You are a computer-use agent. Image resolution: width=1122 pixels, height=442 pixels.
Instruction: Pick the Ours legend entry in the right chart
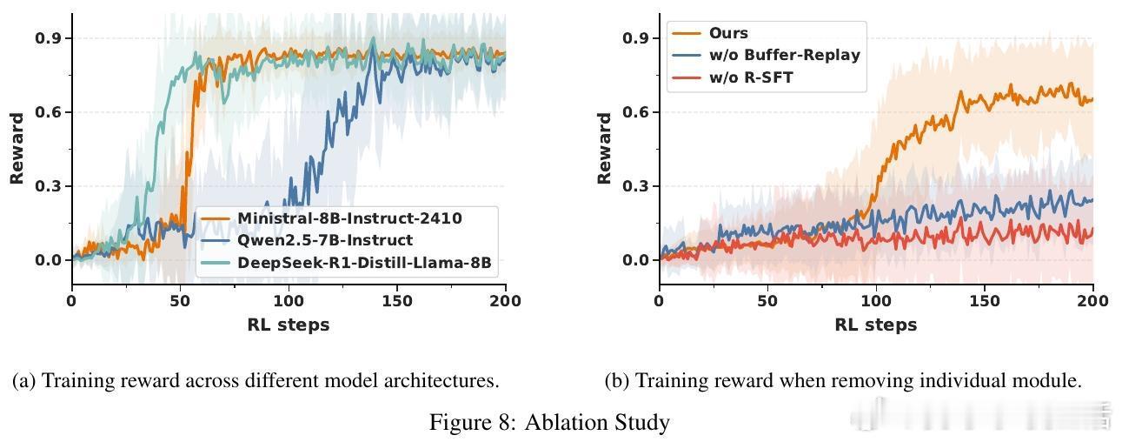click(x=727, y=32)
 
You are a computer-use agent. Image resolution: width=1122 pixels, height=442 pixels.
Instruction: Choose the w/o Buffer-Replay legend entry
click(x=784, y=55)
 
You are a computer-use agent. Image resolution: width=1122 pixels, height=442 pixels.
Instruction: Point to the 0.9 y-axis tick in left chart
click(x=48, y=38)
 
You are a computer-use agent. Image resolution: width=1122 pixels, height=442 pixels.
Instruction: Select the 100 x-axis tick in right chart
click(x=876, y=301)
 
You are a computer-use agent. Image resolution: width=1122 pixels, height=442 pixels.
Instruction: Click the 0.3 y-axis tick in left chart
click(x=48, y=186)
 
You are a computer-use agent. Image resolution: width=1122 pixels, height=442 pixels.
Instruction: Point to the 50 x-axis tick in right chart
click(x=767, y=301)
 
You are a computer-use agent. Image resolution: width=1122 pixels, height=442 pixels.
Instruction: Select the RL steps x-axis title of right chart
click(x=876, y=325)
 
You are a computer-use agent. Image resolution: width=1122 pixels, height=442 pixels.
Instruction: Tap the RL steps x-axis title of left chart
click(x=289, y=325)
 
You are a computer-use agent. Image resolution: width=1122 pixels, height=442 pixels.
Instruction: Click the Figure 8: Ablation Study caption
click(x=549, y=423)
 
